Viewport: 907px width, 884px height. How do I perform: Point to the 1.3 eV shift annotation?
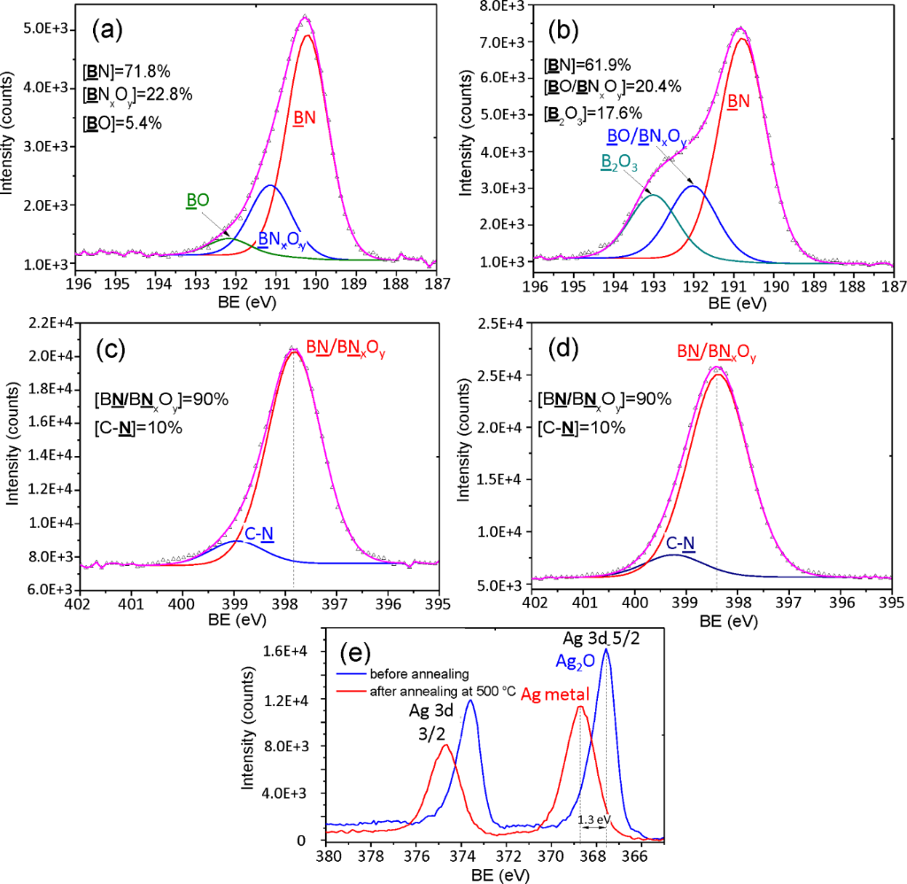click(x=592, y=819)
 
